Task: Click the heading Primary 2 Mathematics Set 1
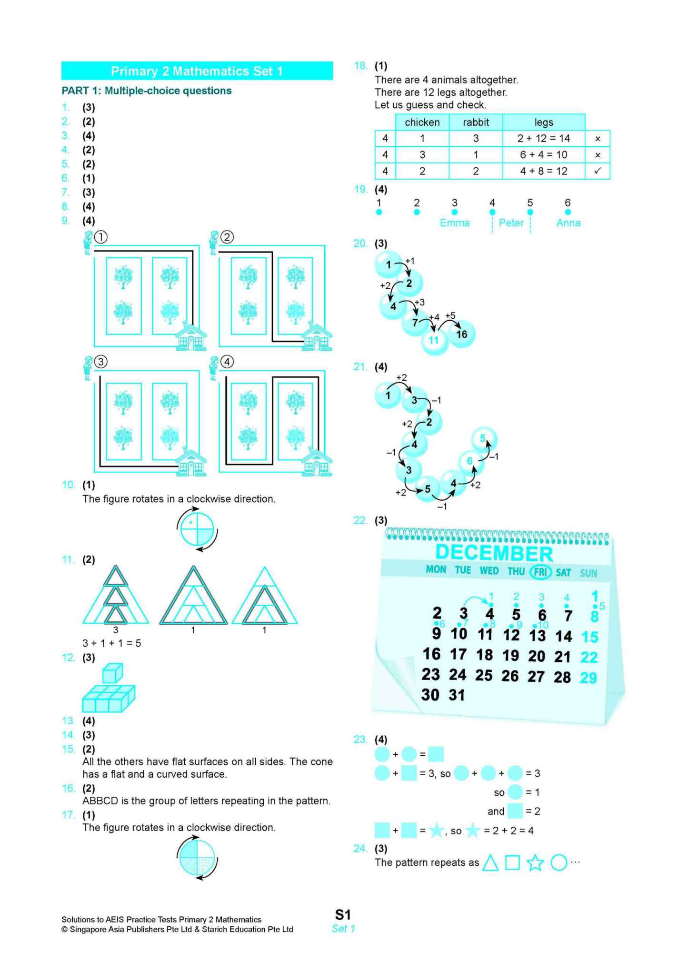coord(197,71)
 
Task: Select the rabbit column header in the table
coord(476,122)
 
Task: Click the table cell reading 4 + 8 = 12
coord(543,171)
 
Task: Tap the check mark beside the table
coord(598,171)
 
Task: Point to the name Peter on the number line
coord(511,223)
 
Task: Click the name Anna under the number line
coord(568,223)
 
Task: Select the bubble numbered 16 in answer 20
coord(461,334)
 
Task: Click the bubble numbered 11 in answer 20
coord(434,340)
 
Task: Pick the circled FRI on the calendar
coord(540,571)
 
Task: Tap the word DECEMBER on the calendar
coord(494,553)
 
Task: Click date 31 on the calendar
coord(457,695)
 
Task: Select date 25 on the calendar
coord(484,675)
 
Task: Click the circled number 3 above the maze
coord(100,362)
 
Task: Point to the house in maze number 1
coord(191,337)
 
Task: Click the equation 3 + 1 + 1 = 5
coord(112,643)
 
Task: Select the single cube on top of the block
coord(112,673)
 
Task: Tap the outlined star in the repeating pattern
coord(535,863)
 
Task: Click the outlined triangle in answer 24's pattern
coord(490,863)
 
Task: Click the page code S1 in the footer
coord(343,914)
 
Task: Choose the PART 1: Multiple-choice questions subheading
coord(147,91)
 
